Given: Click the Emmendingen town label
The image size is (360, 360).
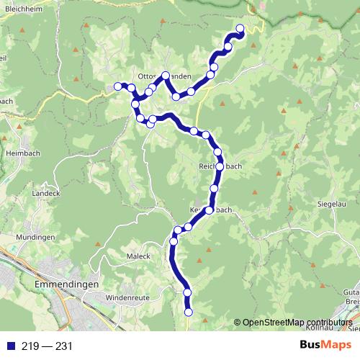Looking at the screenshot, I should (x=66, y=284).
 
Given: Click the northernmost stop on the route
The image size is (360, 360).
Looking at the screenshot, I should (x=240, y=30).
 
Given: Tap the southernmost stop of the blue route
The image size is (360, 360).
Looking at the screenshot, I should (x=189, y=312).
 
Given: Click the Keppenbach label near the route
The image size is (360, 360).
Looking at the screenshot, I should (x=210, y=210).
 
